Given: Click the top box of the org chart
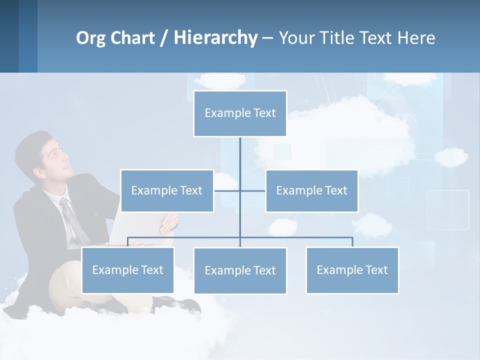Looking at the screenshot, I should (x=240, y=113).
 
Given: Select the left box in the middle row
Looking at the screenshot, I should (x=167, y=190).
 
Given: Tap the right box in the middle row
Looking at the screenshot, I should (x=311, y=190).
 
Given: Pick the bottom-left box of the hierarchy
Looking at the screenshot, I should (x=127, y=270).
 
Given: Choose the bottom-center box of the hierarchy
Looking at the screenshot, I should (x=240, y=270).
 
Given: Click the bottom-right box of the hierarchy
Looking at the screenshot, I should (x=352, y=270).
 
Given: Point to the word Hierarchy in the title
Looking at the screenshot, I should (x=215, y=38).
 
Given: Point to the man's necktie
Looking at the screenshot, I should (x=72, y=220).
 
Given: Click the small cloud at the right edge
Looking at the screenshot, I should (x=451, y=157).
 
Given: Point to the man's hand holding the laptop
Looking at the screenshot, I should (x=169, y=222).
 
